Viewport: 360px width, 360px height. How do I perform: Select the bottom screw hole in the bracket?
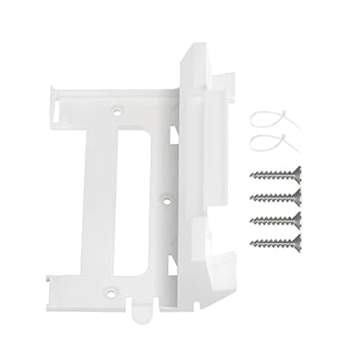click(111, 291)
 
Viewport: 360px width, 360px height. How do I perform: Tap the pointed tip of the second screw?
click(251, 197)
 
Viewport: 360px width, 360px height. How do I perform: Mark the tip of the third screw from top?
click(251, 220)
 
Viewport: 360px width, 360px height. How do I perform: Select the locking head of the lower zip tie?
click(282, 139)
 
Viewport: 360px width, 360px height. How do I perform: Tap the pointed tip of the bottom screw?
click(251, 243)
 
